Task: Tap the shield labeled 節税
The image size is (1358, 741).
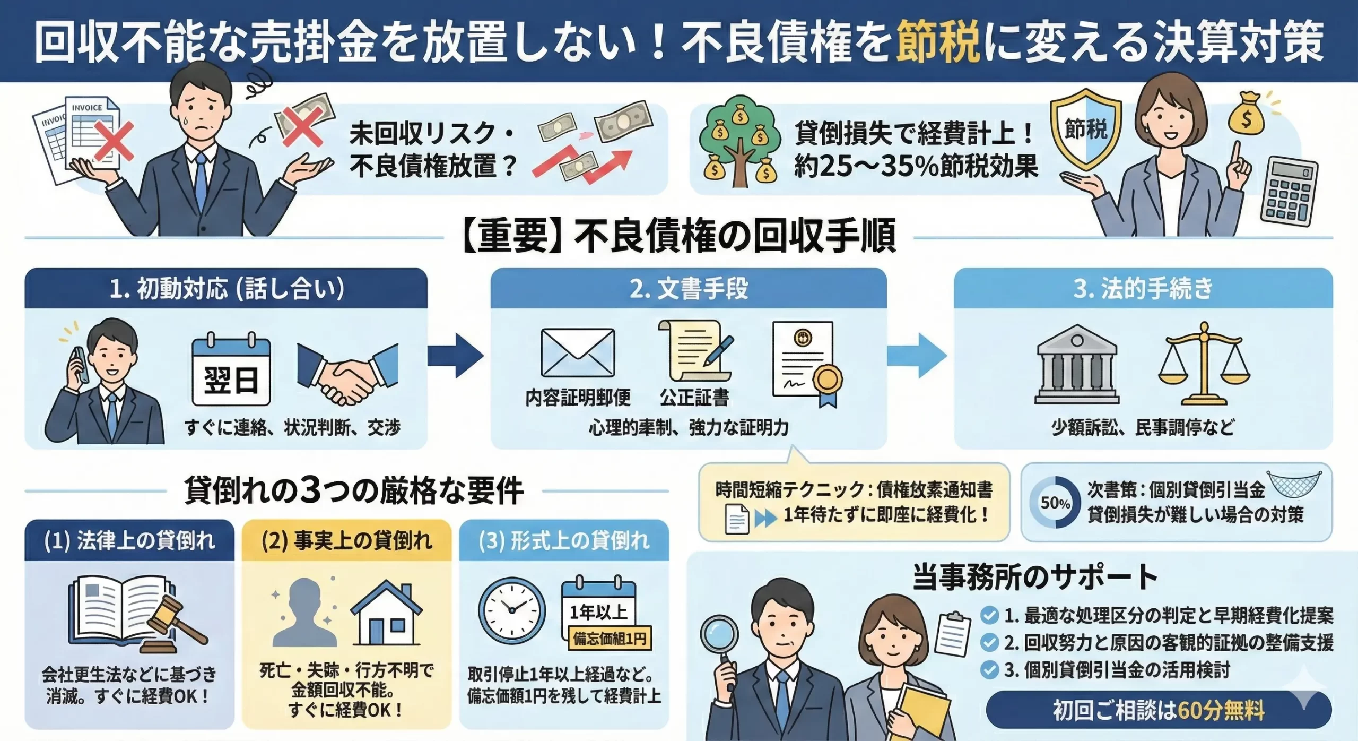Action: tap(1085, 129)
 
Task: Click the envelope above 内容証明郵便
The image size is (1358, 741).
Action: tap(578, 353)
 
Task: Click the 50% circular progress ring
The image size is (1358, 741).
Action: tap(1055, 502)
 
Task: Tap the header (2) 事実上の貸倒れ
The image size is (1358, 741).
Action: tap(347, 541)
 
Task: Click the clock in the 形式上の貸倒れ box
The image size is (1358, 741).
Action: tap(512, 611)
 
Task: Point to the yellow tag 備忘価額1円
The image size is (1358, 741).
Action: tap(609, 639)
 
